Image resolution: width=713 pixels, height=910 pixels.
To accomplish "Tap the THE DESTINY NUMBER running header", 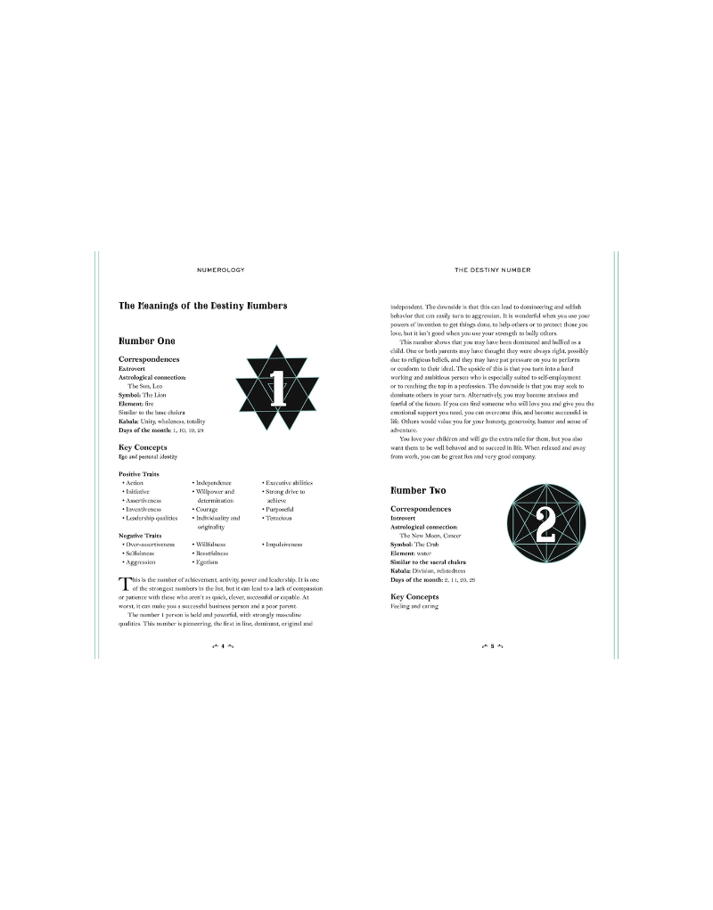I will (493, 268).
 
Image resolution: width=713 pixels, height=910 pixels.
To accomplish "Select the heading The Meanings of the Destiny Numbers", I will (203, 307).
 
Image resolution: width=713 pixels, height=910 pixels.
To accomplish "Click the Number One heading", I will (147, 341).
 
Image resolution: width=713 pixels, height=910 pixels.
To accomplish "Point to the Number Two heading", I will (419, 491).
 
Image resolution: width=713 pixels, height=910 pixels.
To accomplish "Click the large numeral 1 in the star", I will (277, 389).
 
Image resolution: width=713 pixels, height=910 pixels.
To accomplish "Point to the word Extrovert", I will (135, 368).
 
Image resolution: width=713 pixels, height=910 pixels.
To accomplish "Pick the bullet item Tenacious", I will (278, 518).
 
